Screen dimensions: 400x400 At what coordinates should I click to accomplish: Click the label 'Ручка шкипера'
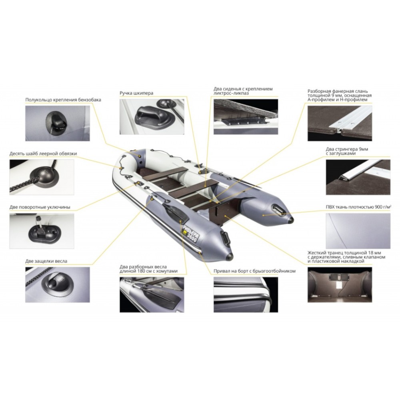coord(136,93)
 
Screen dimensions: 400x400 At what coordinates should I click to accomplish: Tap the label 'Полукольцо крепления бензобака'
coord(63,100)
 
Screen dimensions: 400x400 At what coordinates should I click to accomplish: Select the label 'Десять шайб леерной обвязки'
coord(43,154)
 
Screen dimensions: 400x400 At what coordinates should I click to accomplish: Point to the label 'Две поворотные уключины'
coord(40,207)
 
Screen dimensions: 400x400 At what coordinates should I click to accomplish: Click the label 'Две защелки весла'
coord(46,261)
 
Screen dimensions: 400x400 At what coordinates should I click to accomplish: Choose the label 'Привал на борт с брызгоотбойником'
coord(254,271)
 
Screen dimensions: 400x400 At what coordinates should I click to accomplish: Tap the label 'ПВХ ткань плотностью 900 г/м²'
coord(358,207)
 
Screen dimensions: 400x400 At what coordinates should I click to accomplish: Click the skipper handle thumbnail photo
coord(152,116)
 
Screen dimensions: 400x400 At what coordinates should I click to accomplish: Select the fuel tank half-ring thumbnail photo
coord(57,123)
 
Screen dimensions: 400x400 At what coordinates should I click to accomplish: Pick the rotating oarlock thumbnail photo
coord(42,231)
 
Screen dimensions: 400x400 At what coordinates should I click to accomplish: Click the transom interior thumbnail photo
coord(340,285)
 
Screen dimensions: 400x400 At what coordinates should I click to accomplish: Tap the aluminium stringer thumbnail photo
coord(358,177)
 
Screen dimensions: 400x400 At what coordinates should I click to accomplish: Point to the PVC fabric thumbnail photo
coord(358,231)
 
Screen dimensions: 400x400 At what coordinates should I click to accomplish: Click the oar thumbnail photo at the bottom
coord(152,295)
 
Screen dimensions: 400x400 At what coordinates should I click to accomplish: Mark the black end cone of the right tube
coord(290,219)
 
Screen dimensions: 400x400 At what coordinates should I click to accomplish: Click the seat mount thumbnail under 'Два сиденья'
coord(246,116)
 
